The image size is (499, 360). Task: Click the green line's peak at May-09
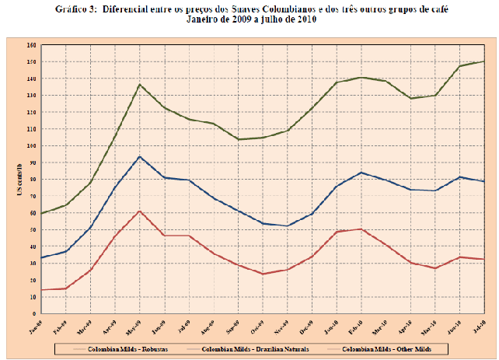pos(139,85)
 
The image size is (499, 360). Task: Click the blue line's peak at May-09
pos(139,157)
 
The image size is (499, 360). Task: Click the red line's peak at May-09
pos(139,211)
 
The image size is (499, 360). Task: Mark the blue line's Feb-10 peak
pos(361,173)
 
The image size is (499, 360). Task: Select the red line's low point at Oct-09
pos(262,274)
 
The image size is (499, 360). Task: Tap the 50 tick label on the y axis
pos(33,229)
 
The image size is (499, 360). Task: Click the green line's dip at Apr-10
pos(410,98)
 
